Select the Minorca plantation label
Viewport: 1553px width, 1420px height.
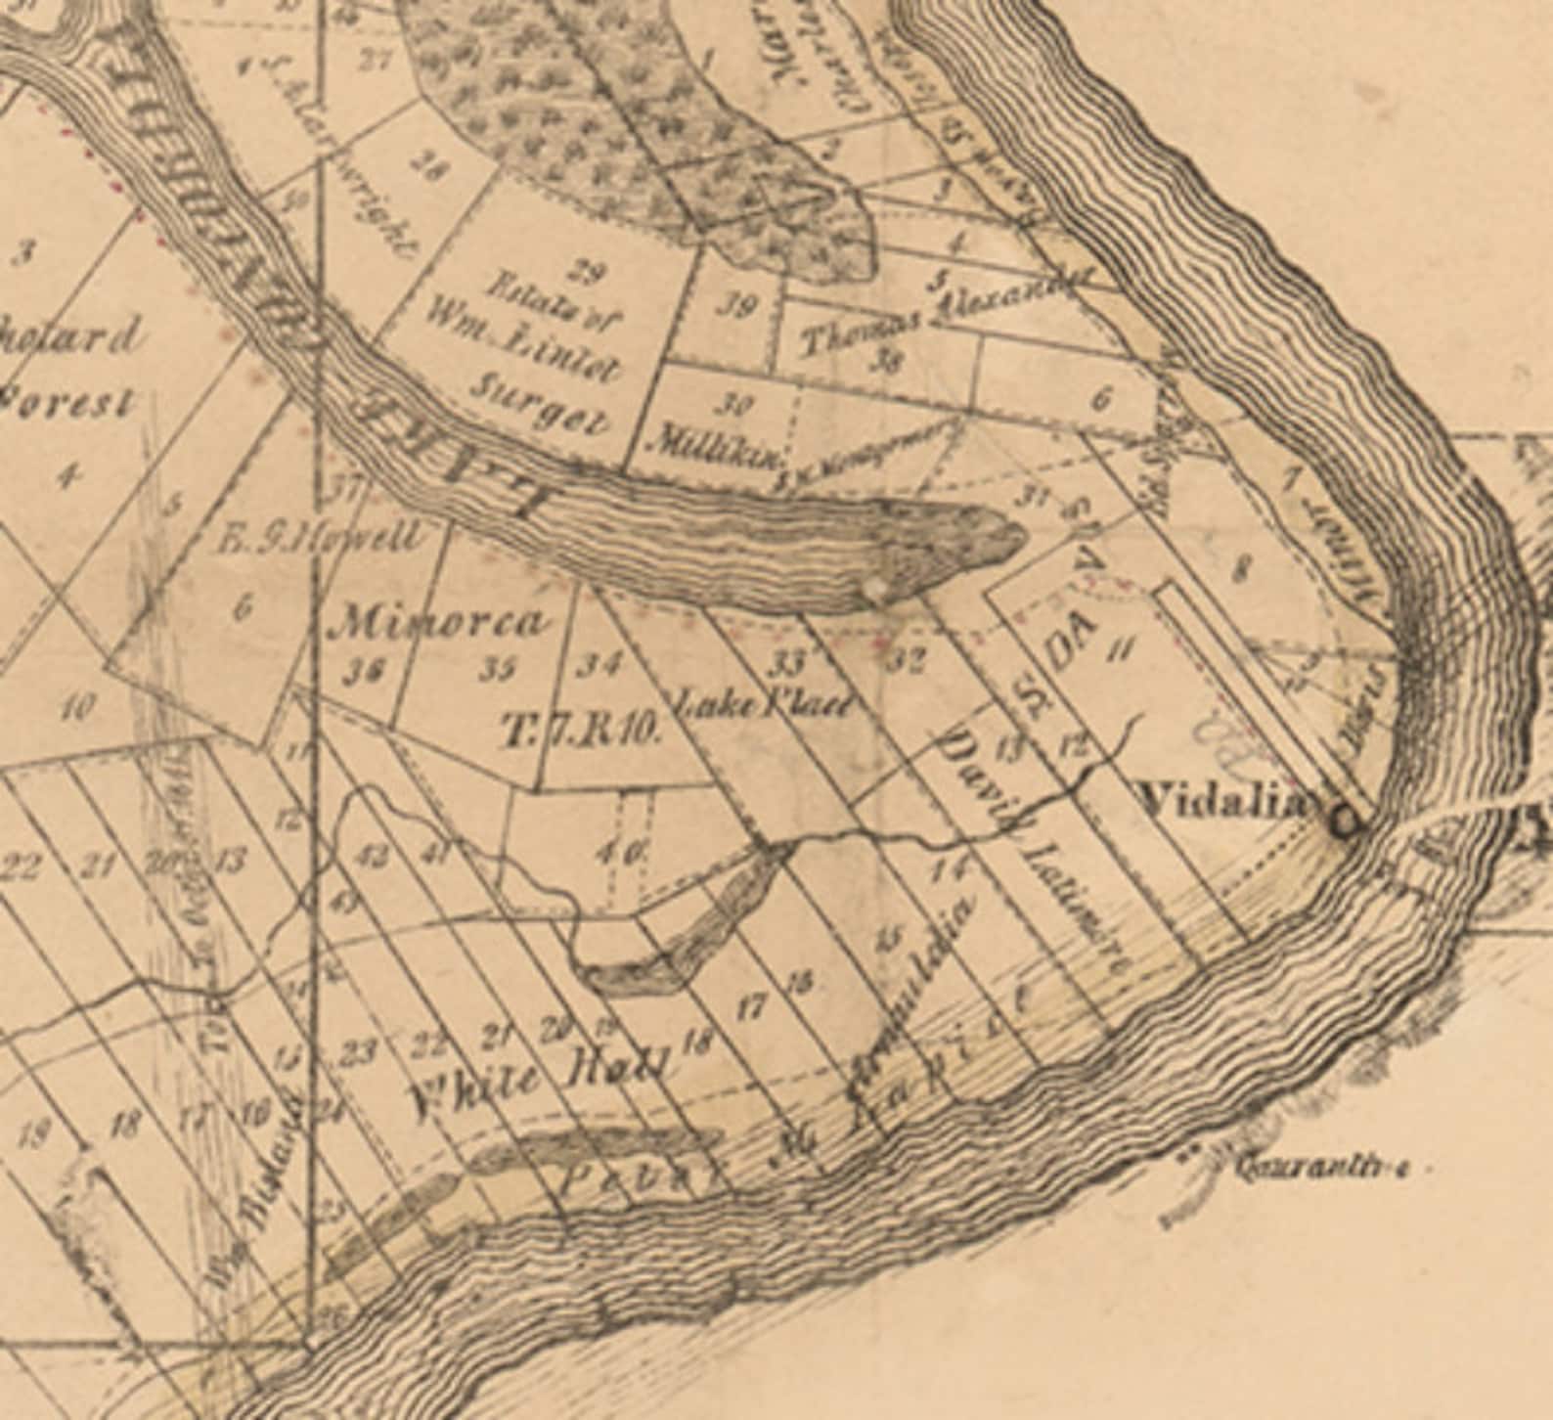[439, 623]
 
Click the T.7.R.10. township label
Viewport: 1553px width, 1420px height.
[583, 731]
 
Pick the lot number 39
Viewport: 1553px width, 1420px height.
[735, 307]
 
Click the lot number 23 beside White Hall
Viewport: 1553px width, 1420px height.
[360, 1053]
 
